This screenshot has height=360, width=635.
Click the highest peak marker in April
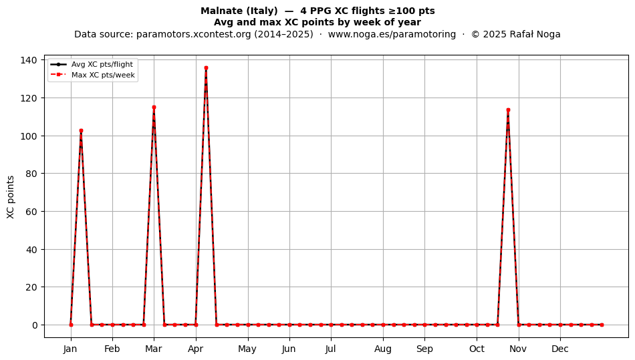(x=206, y=68)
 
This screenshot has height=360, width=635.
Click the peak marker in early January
(x=81, y=131)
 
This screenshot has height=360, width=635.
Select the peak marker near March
(x=154, y=107)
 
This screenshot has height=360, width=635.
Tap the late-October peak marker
(x=508, y=110)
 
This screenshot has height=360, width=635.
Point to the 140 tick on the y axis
(x=29, y=60)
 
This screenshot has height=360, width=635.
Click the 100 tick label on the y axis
(x=29, y=136)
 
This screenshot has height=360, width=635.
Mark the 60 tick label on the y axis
(x=31, y=212)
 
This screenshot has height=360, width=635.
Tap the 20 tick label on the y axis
(x=31, y=287)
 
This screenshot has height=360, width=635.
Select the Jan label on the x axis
(x=70, y=349)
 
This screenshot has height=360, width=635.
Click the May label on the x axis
(x=247, y=349)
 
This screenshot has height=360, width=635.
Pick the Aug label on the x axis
(x=383, y=349)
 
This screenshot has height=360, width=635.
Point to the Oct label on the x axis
(x=477, y=349)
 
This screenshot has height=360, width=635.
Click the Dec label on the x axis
(x=560, y=349)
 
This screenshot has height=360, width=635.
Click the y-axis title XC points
(x=11, y=197)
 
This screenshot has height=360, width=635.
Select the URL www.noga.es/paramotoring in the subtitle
(x=392, y=34)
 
